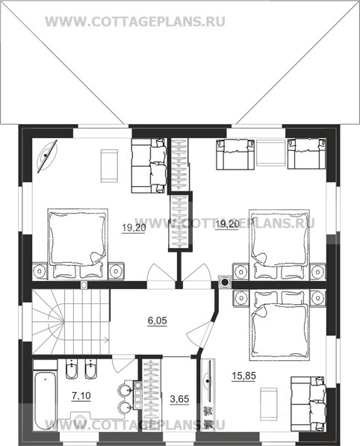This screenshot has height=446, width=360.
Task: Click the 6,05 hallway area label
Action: pyautogui.click(x=158, y=320)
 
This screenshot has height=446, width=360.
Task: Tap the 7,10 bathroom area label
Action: pyautogui.click(x=81, y=396)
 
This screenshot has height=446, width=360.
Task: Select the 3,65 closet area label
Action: pyautogui.click(x=179, y=399)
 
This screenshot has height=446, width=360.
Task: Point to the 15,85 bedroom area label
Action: pyautogui.click(x=243, y=376)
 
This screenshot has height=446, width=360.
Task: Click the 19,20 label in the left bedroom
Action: pyautogui.click(x=134, y=228)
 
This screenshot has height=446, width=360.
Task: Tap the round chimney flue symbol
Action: pyautogui.click(x=225, y=282)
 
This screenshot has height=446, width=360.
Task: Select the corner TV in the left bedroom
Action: pyautogui.click(x=47, y=155)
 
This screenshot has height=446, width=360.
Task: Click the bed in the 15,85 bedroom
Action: pyautogui.click(x=279, y=325)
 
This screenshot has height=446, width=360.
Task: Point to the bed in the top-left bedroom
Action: pyautogui.click(x=78, y=244)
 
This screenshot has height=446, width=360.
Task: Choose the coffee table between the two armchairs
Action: pyautogui.click(x=270, y=152)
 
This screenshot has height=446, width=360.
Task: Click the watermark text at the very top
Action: pyautogui.click(x=135, y=22)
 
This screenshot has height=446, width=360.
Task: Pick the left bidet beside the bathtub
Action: pyautogui.click(x=72, y=369)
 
